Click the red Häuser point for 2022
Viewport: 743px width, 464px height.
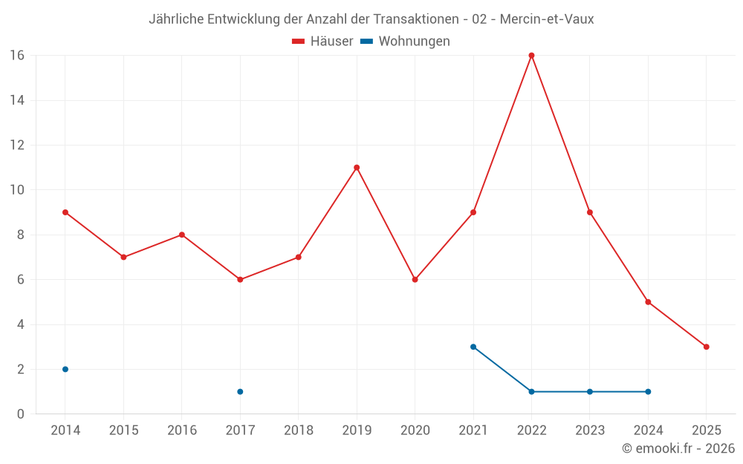point(531,55)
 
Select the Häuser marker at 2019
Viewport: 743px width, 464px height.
point(357,167)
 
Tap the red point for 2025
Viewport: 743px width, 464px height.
point(706,347)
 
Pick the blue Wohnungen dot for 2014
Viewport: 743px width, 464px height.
point(65,369)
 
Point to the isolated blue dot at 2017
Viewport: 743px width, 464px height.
point(240,391)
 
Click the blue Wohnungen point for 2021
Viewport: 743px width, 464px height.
point(473,347)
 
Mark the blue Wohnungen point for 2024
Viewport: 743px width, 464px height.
point(648,391)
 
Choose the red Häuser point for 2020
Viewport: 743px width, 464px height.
point(415,279)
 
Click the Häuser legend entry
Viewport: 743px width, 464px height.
point(322,42)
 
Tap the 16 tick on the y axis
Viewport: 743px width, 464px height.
point(17,55)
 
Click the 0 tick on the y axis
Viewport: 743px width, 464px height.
point(20,414)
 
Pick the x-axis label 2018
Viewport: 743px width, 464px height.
point(298,430)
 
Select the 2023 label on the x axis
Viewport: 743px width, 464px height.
point(590,430)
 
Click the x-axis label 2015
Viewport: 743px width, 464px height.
point(123,430)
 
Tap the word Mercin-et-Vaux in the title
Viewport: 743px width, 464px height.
point(547,19)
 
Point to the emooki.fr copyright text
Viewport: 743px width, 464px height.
point(678,448)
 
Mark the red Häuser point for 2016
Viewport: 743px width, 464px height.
point(181,235)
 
